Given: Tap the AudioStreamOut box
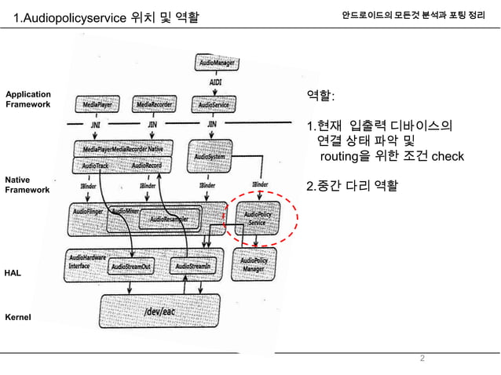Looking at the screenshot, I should click(x=132, y=267).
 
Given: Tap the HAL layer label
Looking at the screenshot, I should click(x=13, y=271).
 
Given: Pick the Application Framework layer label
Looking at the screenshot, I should click(x=28, y=99).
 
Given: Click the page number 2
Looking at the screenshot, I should click(x=422, y=359).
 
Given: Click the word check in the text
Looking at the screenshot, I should click(x=448, y=156).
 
